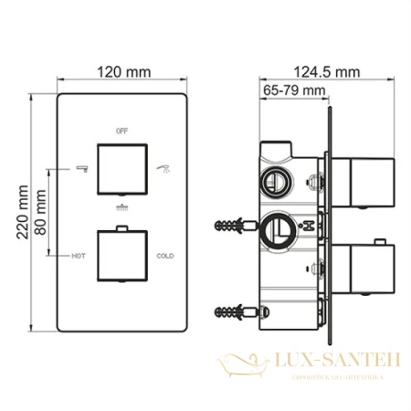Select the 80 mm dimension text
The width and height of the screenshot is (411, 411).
pos(39,210)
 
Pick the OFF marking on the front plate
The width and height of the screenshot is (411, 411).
pos(121,132)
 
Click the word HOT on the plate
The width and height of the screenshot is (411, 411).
pos(79,257)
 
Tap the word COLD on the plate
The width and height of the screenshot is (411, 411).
pos(164,257)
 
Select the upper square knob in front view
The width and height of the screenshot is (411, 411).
pos(121,169)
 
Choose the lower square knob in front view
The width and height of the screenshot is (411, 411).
pos(121,257)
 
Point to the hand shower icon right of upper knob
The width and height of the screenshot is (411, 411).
pos(164,168)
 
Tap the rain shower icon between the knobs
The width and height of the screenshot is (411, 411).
pos(121,209)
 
